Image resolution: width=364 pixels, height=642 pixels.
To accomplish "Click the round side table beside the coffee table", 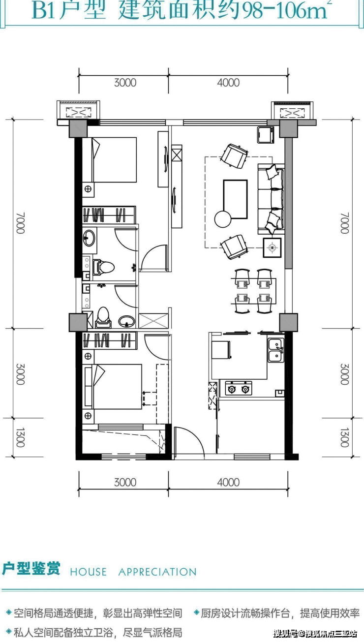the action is (223, 219).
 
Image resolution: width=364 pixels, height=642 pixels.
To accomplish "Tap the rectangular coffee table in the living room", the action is (235, 199).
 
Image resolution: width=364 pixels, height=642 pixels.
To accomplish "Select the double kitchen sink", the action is (276, 350).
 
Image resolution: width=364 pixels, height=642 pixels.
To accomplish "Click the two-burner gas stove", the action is (238, 388).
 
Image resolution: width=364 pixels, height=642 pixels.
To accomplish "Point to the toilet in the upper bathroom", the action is (103, 268).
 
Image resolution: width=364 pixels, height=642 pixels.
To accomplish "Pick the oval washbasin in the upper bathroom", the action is (89, 238).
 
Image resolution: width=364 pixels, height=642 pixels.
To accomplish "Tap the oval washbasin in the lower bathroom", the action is (126, 321).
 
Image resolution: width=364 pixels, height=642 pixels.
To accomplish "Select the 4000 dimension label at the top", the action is (228, 83).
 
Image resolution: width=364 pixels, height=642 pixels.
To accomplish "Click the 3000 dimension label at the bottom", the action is (125, 482).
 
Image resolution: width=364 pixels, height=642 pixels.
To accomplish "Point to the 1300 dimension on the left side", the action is (20, 437).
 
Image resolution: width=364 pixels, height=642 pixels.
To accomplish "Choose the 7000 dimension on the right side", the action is (344, 223).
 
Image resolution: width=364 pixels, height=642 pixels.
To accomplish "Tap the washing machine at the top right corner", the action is (266, 135).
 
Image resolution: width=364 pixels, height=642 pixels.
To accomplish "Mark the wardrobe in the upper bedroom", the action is (109, 214).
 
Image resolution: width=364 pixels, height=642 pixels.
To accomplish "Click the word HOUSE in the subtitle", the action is (88, 572).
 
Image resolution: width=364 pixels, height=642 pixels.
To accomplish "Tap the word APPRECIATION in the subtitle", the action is (157, 572).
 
